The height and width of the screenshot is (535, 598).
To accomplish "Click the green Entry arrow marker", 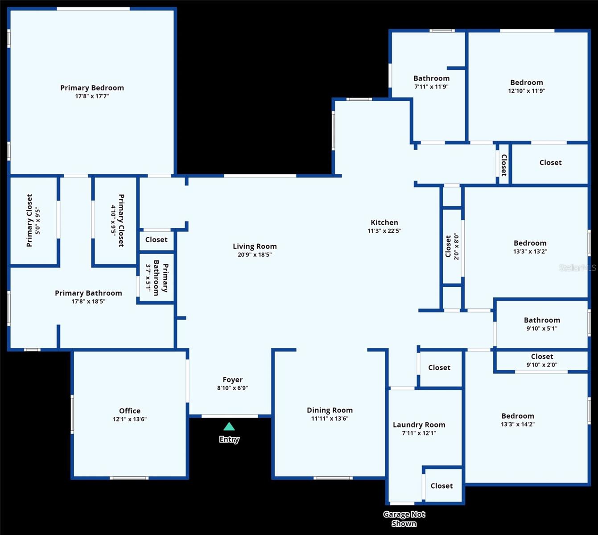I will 229,427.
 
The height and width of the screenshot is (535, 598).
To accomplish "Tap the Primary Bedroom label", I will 92,88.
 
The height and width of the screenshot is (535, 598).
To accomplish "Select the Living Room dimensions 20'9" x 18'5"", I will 255,255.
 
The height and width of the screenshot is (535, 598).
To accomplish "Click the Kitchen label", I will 384,222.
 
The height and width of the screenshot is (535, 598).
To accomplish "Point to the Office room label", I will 129,411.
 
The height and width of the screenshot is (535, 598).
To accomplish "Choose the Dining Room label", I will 330,410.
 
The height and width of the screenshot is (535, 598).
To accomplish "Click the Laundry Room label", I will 419,425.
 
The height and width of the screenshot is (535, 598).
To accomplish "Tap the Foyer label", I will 232,380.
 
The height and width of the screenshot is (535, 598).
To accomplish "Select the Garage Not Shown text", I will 404,519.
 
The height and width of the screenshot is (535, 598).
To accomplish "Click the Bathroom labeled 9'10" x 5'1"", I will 542,324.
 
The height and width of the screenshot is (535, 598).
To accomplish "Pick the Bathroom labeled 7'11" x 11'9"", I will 431,82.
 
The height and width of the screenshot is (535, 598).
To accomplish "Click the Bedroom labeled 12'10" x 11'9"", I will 527,86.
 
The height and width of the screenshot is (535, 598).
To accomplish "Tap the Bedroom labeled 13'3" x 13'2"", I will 530,247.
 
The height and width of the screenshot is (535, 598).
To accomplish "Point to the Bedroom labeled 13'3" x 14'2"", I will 517,420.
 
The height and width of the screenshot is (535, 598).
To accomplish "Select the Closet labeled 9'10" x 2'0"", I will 542,360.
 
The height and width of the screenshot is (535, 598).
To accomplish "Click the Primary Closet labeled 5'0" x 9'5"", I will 33,220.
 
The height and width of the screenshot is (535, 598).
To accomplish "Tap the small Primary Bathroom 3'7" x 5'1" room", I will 156,278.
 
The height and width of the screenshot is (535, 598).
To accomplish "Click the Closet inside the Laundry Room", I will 441,486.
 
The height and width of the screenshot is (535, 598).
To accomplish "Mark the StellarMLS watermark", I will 577,268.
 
